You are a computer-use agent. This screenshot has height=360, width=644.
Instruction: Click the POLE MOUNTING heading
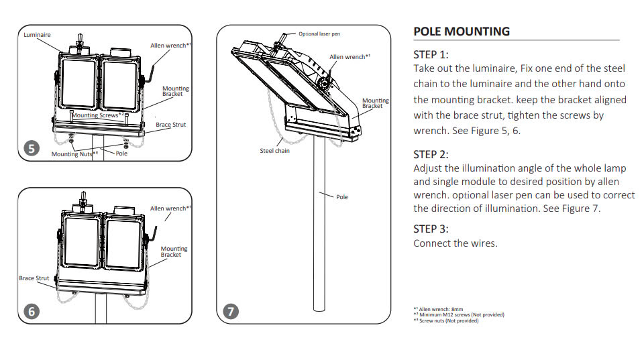click(x=462, y=32)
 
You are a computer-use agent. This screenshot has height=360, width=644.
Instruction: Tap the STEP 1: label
click(x=431, y=54)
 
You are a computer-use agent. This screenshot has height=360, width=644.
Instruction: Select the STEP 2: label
click(x=431, y=154)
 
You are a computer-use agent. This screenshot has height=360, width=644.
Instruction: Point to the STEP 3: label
click(x=431, y=229)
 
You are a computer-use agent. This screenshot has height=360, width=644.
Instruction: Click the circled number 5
click(x=30, y=149)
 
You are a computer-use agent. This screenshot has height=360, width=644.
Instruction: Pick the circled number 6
click(x=30, y=311)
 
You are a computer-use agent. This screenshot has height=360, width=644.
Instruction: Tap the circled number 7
click(x=231, y=311)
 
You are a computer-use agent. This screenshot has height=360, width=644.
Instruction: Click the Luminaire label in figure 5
click(x=37, y=34)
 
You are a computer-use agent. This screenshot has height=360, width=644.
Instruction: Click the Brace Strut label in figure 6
click(x=34, y=278)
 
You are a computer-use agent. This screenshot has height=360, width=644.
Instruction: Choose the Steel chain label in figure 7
click(x=274, y=151)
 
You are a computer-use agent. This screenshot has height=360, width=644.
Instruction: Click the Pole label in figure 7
click(x=342, y=197)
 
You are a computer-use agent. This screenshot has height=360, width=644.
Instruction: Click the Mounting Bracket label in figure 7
click(x=375, y=103)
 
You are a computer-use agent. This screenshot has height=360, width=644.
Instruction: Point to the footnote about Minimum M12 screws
click(x=459, y=315)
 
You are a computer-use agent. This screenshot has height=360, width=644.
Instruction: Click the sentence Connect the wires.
click(x=455, y=243)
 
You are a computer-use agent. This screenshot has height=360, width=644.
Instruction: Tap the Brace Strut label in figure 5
click(x=171, y=125)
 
